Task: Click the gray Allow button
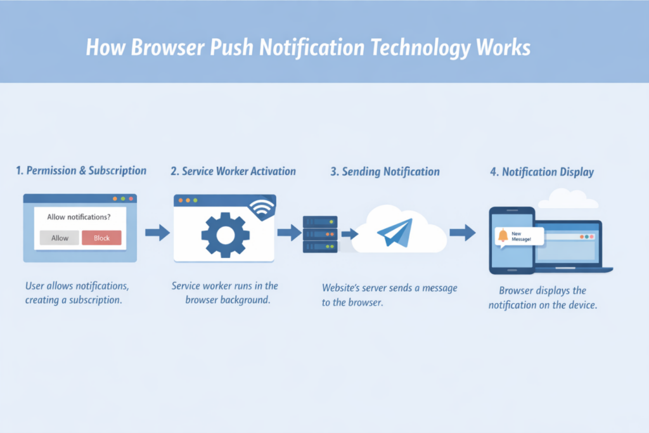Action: pyautogui.click(x=60, y=238)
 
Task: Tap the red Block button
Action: pyautogui.click(x=101, y=238)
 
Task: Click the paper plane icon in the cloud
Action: pyautogui.click(x=394, y=232)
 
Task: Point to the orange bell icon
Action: pyautogui.click(x=503, y=236)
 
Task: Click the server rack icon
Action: pyautogui.click(x=320, y=235)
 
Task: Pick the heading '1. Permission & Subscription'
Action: pyautogui.click(x=81, y=171)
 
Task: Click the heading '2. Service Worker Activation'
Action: pyautogui.click(x=233, y=171)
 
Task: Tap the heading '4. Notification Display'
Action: pyautogui.click(x=541, y=172)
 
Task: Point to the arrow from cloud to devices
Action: pyautogui.click(x=463, y=233)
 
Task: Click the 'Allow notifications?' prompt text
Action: pyautogui.click(x=79, y=217)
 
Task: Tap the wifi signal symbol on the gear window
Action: pyautogui.click(x=262, y=207)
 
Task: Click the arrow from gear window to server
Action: pyautogui.click(x=289, y=233)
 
